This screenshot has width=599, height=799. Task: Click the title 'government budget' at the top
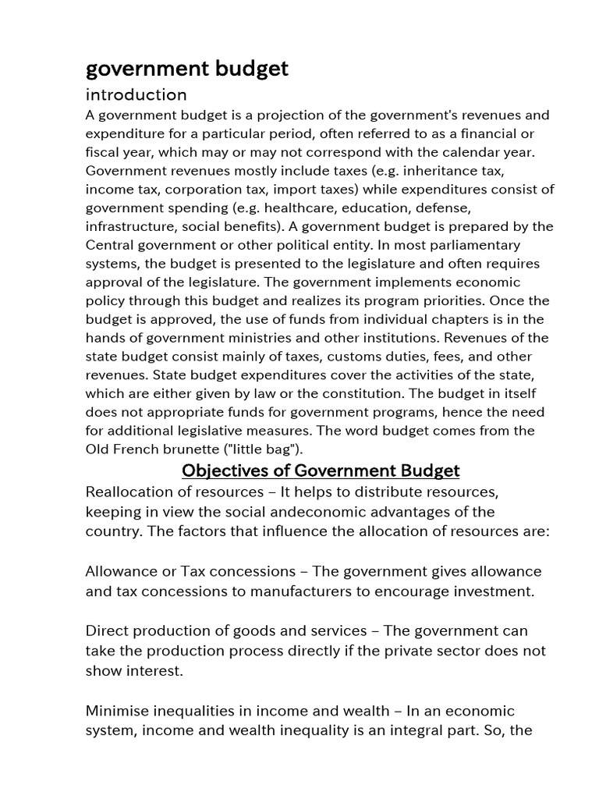point(186,69)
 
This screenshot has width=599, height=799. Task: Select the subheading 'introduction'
point(136,95)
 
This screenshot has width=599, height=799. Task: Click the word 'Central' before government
point(110,245)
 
